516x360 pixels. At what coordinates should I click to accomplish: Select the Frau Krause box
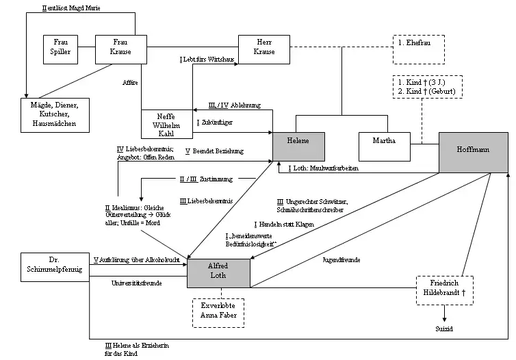click(121, 47)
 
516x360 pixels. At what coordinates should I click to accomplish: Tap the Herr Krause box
click(264, 47)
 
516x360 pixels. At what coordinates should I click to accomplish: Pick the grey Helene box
click(298, 145)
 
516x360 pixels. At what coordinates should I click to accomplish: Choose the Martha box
click(383, 145)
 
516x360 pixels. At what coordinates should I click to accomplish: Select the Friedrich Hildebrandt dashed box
click(445, 289)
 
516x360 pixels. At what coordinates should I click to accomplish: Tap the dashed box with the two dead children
click(426, 86)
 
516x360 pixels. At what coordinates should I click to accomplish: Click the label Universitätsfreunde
click(136, 283)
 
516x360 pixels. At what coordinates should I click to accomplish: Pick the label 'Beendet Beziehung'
click(218, 151)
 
